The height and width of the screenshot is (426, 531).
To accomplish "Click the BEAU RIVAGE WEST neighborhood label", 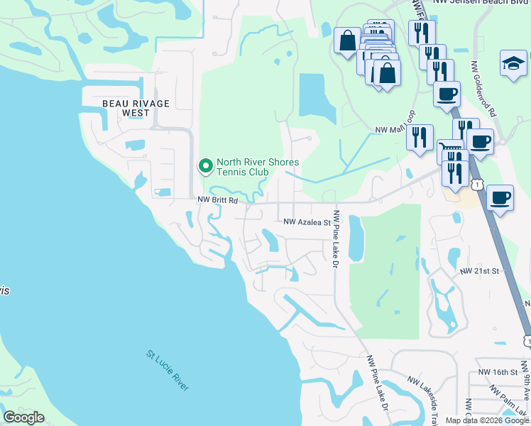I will click(136, 108).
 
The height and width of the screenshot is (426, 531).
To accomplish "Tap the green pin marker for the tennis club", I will click(206, 167).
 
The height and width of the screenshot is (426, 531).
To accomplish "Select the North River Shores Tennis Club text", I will click(257, 167).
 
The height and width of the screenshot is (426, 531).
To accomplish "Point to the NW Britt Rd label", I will click(217, 201).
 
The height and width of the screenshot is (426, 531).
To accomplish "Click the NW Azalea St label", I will click(307, 222).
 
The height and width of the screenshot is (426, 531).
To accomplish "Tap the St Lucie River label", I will click(168, 369).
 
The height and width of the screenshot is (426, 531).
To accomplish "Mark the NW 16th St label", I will click(495, 372).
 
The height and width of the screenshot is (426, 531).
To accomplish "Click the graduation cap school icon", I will click(513, 65).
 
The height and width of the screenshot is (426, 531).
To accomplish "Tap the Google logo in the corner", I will click(24, 417).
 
